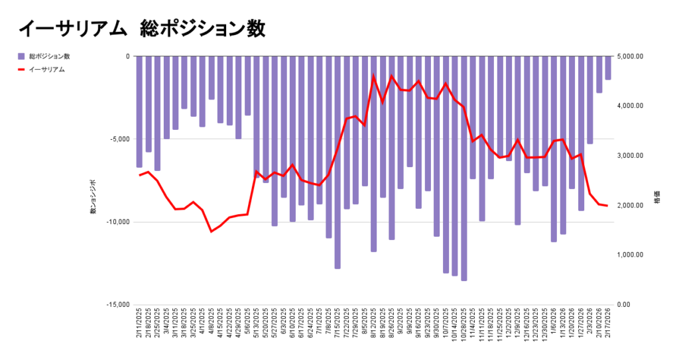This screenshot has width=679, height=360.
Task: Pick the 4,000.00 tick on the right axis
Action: [631, 106]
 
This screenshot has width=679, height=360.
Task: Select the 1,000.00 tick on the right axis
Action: [631, 255]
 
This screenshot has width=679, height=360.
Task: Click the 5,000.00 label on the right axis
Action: [631, 56]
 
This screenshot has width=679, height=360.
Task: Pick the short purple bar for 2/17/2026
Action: [608, 68]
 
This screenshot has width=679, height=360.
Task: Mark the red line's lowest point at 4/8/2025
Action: [212, 231]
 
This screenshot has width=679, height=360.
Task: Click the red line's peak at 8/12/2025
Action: [373, 76]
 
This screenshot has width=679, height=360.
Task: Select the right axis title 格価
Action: [656, 205]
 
